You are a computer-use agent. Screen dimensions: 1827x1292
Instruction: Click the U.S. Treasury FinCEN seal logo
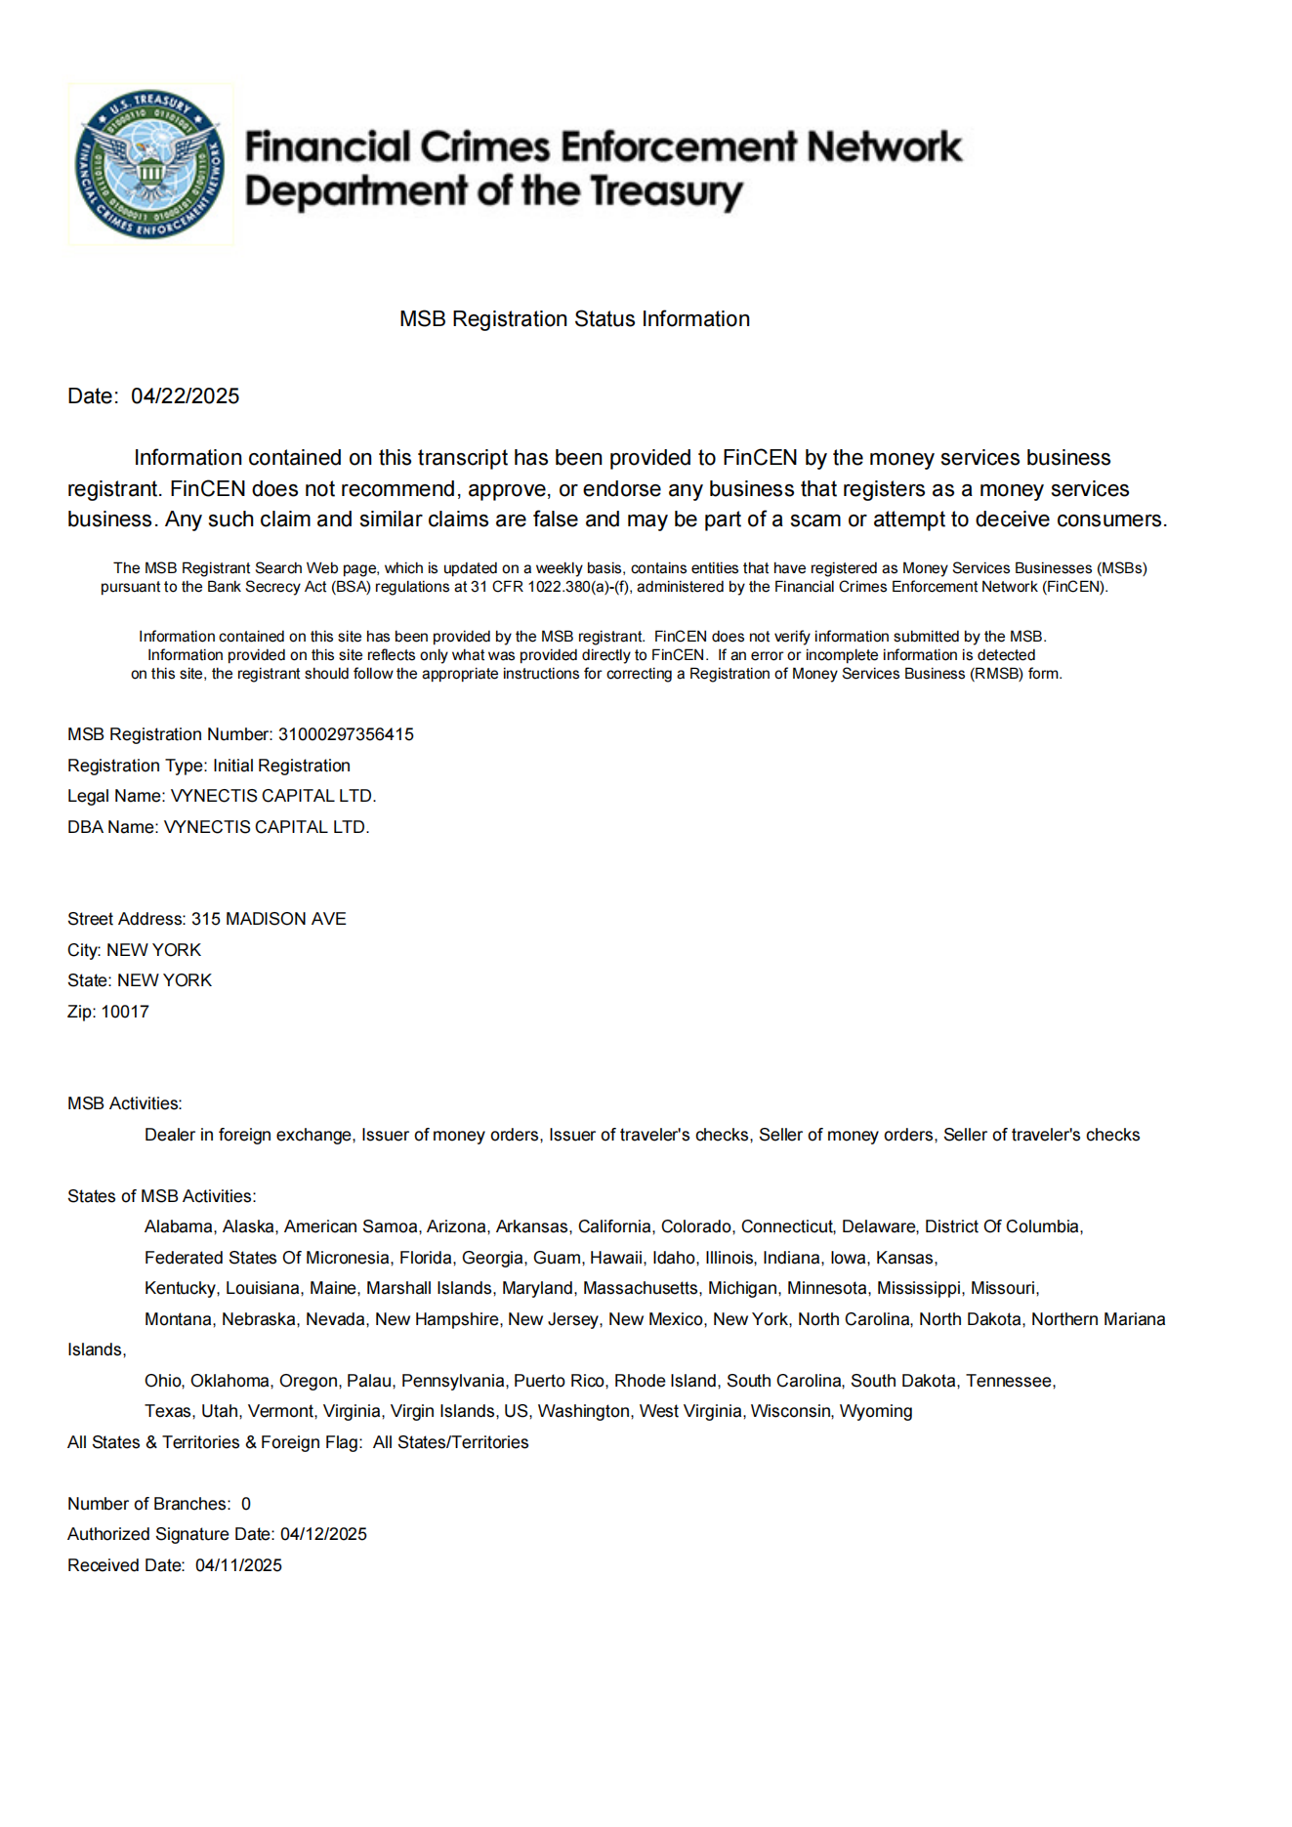click(x=150, y=164)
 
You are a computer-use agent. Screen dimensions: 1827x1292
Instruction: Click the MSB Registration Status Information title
click(x=574, y=319)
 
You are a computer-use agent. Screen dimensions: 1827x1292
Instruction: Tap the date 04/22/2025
click(x=185, y=396)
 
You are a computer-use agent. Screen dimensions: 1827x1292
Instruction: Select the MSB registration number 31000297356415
click(x=346, y=734)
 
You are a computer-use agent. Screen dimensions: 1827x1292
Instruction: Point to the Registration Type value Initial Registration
click(x=281, y=766)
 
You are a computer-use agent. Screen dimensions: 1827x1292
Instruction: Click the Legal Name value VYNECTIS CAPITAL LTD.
click(x=273, y=796)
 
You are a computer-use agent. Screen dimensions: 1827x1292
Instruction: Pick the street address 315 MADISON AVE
click(x=269, y=919)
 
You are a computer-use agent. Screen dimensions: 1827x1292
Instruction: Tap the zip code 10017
click(x=125, y=1012)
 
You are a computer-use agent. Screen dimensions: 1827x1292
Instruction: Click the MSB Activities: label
click(x=125, y=1103)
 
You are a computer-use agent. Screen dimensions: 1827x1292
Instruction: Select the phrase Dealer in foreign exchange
click(x=248, y=1135)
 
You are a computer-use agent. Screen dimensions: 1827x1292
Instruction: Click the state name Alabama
click(x=179, y=1226)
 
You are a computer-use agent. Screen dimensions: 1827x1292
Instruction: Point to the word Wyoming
click(x=876, y=1411)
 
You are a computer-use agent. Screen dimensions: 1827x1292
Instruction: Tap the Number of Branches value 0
click(x=246, y=1504)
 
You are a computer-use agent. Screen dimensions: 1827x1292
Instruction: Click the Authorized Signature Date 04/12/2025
click(x=323, y=1534)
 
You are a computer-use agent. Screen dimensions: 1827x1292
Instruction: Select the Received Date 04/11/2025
click(x=238, y=1565)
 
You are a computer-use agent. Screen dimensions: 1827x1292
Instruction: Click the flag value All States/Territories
click(x=450, y=1442)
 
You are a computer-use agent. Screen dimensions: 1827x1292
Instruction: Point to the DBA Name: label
click(x=112, y=827)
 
